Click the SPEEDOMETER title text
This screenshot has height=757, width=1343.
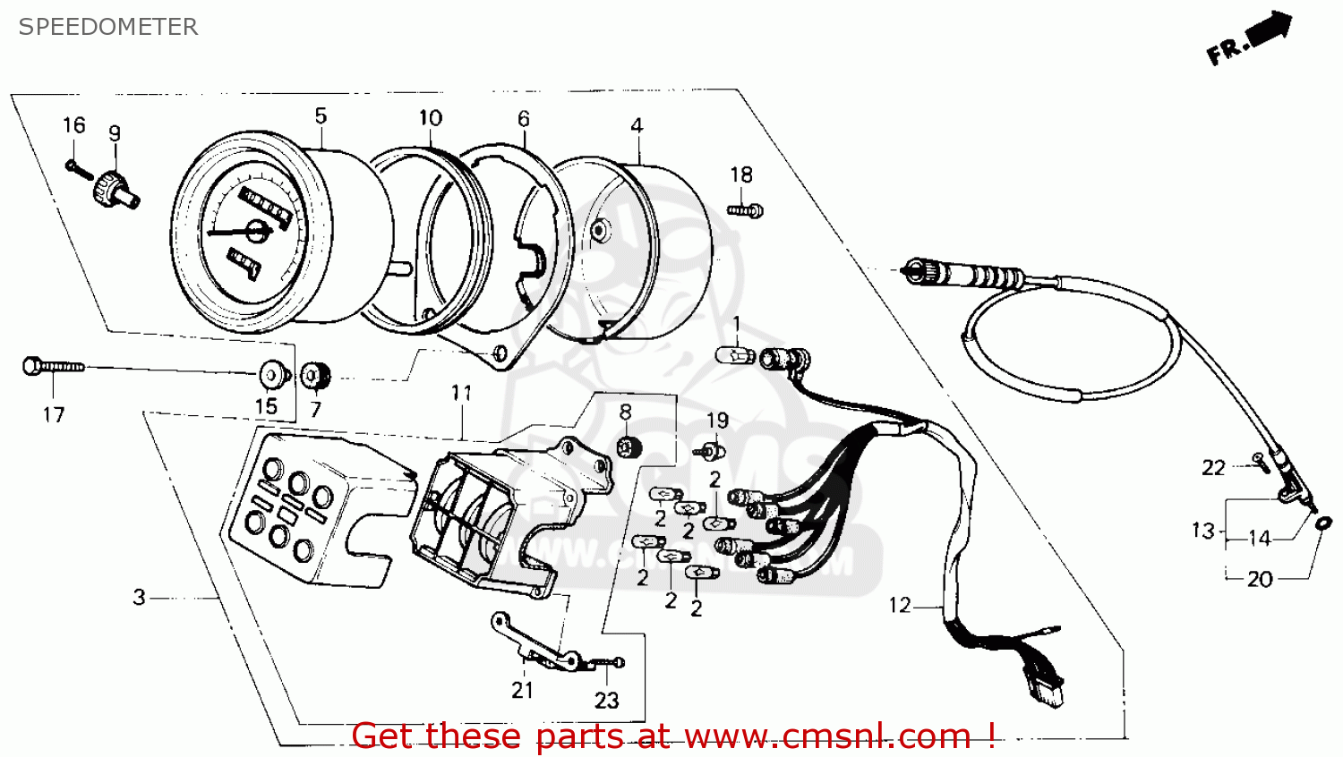(x=107, y=27)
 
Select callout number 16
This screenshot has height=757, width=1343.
(x=74, y=125)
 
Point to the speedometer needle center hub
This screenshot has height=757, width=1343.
(x=257, y=232)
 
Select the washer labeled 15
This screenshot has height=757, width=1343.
(x=272, y=374)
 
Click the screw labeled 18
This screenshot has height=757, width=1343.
(x=745, y=211)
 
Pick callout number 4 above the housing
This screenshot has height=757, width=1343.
(x=637, y=125)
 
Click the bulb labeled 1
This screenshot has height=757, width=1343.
(x=736, y=355)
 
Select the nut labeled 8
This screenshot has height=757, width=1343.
(x=628, y=446)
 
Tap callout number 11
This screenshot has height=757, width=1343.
(x=461, y=393)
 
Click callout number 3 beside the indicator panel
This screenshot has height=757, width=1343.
(x=139, y=597)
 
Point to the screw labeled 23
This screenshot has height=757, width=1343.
(x=610, y=663)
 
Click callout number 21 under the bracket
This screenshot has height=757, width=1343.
(x=523, y=690)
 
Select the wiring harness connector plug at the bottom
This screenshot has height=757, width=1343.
(x=1045, y=689)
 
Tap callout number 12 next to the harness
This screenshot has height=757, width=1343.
(x=900, y=606)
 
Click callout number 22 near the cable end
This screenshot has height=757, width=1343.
(x=1213, y=467)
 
